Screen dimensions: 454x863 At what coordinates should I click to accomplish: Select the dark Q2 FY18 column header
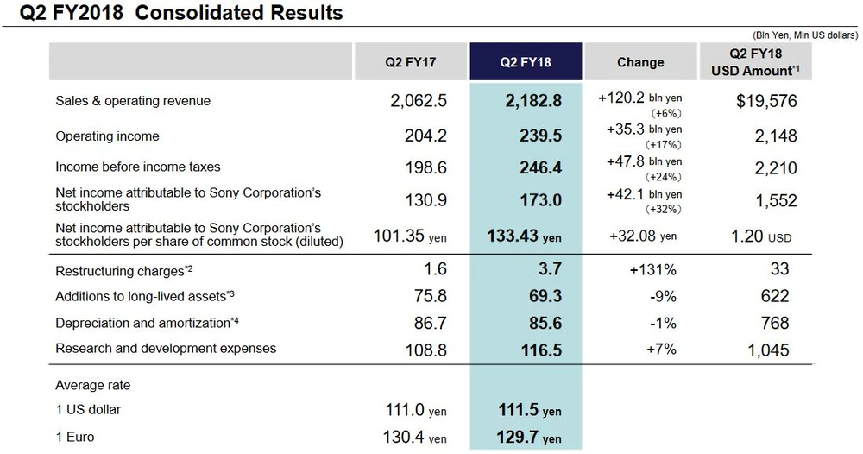[525, 62]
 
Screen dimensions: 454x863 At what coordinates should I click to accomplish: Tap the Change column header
[640, 62]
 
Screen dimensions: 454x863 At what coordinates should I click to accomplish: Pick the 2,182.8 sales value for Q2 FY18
[533, 101]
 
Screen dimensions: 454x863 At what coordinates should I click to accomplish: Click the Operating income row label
[107, 136]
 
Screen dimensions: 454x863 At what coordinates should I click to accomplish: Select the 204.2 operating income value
[425, 136]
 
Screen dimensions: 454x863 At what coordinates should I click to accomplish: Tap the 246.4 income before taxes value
[540, 167]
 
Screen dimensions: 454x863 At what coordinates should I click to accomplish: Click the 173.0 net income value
[540, 200]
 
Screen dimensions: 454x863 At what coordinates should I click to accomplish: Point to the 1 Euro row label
[75, 438]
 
